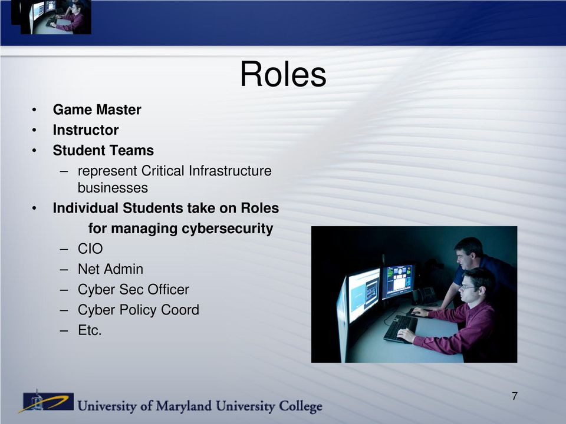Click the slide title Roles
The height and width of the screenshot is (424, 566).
coord(283,74)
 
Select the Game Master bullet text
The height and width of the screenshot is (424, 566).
coord(97,110)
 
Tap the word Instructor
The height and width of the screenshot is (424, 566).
coord(85,130)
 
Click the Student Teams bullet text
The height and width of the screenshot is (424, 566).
coord(103,150)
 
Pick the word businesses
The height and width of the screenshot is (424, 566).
coord(113,188)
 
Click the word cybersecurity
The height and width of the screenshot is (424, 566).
coord(227,228)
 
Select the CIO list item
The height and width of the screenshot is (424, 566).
coord(90,249)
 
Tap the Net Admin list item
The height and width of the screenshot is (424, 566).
coord(110,269)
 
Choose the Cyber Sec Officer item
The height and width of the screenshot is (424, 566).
coord(133,290)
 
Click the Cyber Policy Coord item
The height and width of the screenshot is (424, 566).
coord(138,310)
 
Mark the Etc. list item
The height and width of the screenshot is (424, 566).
coord(90,330)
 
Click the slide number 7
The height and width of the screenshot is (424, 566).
coord(515,396)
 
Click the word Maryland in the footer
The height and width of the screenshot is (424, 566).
coord(184,406)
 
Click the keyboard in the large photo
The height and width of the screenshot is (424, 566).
coord(400,329)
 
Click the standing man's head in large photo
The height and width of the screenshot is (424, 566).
coord(468,251)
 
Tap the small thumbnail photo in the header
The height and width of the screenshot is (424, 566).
coord(51,17)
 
